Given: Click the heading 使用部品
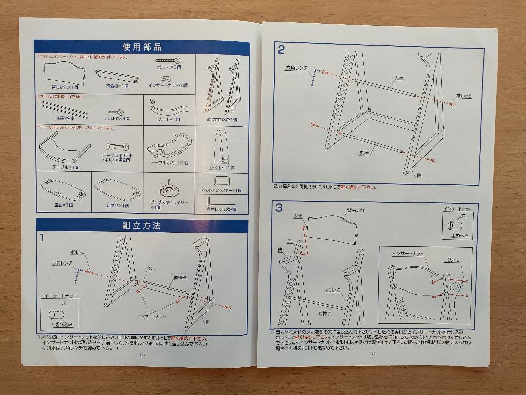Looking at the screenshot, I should (142, 47).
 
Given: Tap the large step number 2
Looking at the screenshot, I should (282, 49).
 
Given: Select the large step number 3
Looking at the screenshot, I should (279, 208).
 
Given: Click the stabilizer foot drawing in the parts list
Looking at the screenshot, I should (169, 188).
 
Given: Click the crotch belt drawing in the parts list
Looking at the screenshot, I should (222, 146).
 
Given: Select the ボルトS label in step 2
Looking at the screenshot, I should (464, 96).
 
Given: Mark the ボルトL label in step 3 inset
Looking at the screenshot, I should (451, 261).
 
